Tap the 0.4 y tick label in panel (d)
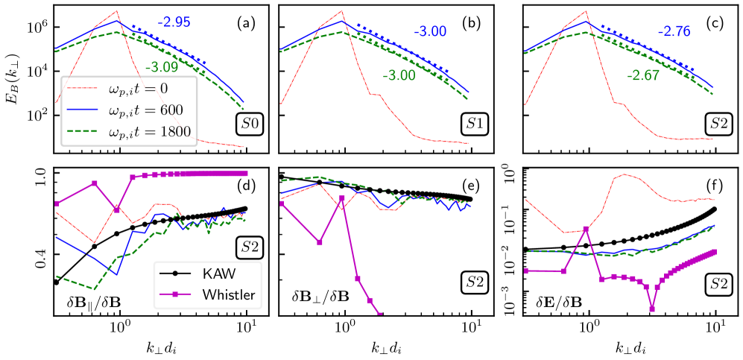click(38, 255)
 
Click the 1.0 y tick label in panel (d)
click(38, 174)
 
